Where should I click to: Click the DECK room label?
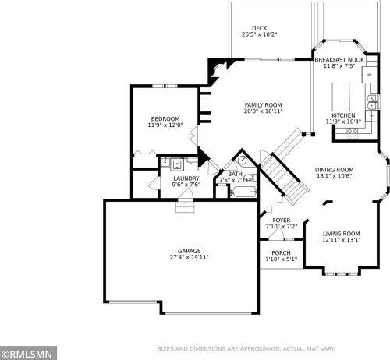(x=260, y=28)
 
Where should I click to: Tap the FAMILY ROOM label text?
(x=263, y=105)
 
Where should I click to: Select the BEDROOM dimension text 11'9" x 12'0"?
(x=165, y=125)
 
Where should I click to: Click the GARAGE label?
(x=190, y=251)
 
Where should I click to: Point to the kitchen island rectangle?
(x=341, y=97)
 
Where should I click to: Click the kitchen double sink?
(x=372, y=102)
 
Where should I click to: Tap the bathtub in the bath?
(x=243, y=192)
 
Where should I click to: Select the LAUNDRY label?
(x=186, y=178)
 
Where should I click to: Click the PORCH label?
(x=281, y=252)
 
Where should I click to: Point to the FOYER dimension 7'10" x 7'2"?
(x=282, y=227)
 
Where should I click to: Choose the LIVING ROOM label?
(x=341, y=234)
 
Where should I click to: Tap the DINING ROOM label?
(x=334, y=170)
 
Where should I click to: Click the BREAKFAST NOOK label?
(x=339, y=60)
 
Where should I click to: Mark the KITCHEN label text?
(x=343, y=115)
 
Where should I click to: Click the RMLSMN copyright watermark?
(x=28, y=354)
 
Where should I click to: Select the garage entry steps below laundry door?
(x=185, y=206)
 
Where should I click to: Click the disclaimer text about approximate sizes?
(x=246, y=348)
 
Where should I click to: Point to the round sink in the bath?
(x=243, y=160)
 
